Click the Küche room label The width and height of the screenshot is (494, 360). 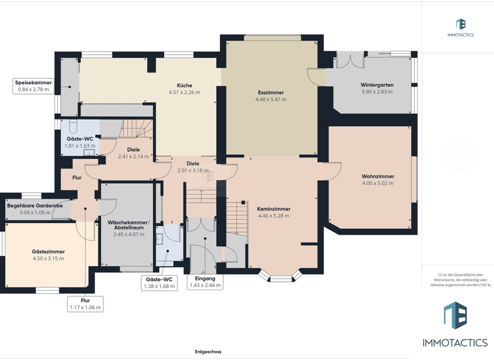185,85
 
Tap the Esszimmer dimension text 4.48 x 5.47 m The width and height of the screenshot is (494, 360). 270,100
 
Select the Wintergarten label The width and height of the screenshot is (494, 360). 377,85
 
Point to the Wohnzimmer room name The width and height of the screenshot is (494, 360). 378,176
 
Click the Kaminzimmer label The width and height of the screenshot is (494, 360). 273,209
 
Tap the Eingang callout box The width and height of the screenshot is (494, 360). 205,282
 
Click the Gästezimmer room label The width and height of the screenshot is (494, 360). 48,251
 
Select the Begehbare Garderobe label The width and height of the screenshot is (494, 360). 35,205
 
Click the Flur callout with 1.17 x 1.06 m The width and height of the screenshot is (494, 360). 86,304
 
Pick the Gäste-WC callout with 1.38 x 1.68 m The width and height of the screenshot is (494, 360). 159,283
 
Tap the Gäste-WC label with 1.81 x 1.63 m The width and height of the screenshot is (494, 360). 80,142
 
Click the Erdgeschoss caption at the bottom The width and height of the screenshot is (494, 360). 208,352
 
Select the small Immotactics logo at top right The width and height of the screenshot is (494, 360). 460,28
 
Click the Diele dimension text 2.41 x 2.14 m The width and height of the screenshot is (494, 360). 133,156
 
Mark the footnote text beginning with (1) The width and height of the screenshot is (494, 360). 457,280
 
